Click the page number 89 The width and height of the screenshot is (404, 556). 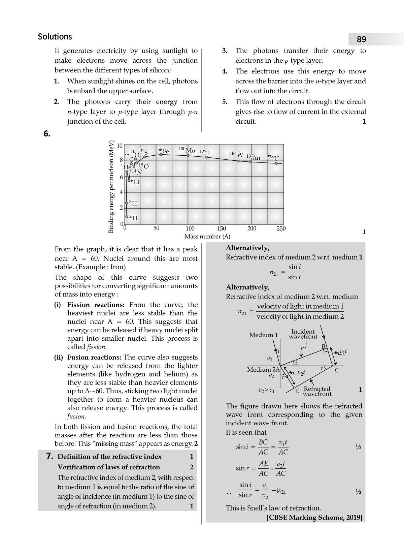pos(361,39)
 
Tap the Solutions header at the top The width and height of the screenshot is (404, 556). pos(55,37)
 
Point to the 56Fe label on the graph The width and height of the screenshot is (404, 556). pos(163,151)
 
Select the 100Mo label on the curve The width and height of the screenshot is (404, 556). pos(187,150)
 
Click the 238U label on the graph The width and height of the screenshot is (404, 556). pos(273,158)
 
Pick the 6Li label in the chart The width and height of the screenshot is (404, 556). pos(135,182)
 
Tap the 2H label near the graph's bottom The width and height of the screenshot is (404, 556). pos(133,218)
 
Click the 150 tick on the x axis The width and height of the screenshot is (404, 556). pos(222,228)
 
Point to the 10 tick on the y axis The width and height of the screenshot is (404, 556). pos(120,146)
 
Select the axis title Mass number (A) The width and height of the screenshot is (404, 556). pos(207,237)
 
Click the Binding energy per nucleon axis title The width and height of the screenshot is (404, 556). pos(111,187)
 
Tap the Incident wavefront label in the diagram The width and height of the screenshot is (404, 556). pos(303,334)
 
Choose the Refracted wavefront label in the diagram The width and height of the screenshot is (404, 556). pos(317,391)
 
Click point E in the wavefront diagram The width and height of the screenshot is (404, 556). pos(297,391)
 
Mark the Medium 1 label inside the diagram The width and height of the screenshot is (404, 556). pos(264,335)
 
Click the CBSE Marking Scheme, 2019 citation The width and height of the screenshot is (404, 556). pos(314,518)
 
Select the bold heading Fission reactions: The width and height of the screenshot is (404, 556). pos(96,305)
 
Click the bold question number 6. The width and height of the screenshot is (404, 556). pos(47,134)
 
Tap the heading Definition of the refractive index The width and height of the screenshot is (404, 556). pos(109,457)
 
